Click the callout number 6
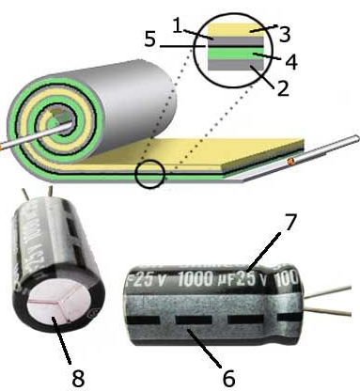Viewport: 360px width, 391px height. (x=227, y=380)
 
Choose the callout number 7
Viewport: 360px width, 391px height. (x=291, y=227)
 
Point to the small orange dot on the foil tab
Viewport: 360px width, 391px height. (x=291, y=162)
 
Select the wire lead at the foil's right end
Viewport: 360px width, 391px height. (x=334, y=146)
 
